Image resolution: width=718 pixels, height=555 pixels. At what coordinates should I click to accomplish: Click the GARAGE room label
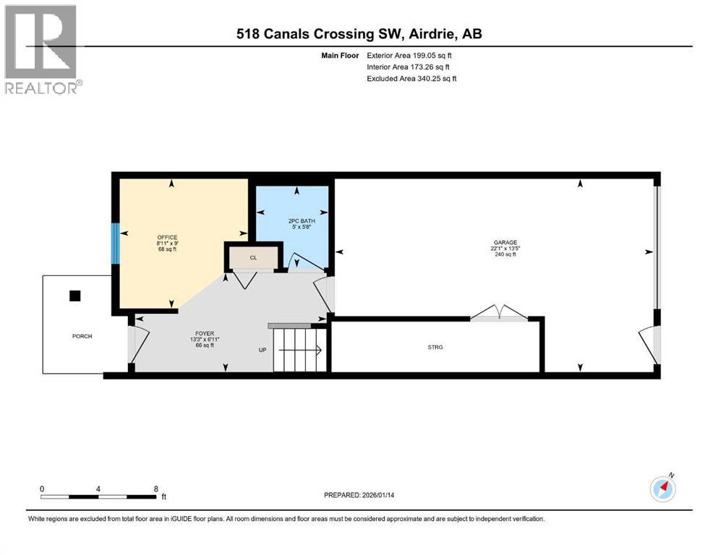pyautogui.click(x=504, y=243)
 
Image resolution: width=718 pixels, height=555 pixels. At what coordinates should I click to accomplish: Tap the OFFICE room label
pyautogui.click(x=167, y=238)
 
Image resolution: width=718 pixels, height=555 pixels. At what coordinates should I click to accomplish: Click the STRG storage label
pyautogui.click(x=435, y=347)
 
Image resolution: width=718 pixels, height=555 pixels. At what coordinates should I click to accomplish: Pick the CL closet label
pyautogui.click(x=253, y=257)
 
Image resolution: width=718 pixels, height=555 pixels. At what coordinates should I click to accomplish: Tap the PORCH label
pyautogui.click(x=82, y=336)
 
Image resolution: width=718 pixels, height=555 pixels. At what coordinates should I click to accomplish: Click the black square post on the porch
pyautogui.click(x=74, y=296)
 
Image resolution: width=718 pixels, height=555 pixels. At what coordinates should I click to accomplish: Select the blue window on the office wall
pyautogui.click(x=115, y=244)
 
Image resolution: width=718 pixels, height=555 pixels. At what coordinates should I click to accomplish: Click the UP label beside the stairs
pyautogui.click(x=263, y=350)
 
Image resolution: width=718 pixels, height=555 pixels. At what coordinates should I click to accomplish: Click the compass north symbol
pyautogui.click(x=662, y=489)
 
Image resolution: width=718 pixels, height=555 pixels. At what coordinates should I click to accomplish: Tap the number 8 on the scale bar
pyautogui.click(x=155, y=488)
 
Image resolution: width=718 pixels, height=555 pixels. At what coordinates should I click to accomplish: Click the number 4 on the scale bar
pyautogui.click(x=98, y=488)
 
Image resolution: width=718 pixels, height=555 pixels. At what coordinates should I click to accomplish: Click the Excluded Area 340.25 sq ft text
pyautogui.click(x=411, y=78)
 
